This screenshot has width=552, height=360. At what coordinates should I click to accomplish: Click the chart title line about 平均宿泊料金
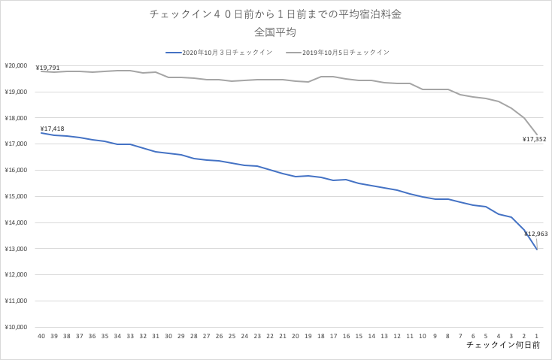(275, 14)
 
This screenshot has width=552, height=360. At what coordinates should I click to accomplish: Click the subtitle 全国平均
(275, 32)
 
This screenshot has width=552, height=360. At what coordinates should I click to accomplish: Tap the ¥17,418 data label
(53, 129)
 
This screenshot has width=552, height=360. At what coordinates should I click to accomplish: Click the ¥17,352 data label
(535, 139)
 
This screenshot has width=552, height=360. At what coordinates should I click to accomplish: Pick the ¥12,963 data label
(536, 234)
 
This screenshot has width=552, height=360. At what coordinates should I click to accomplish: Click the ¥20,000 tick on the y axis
(17, 66)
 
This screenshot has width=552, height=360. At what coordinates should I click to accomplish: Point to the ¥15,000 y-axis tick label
(17, 197)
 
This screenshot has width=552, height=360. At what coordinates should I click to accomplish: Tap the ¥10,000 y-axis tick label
(17, 327)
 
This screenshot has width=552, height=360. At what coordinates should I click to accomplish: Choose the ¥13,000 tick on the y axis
(17, 249)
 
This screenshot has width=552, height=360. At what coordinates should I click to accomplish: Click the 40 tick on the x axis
(41, 336)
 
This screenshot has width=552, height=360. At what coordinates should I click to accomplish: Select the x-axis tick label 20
(296, 336)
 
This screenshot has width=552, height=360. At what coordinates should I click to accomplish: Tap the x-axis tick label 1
(536, 336)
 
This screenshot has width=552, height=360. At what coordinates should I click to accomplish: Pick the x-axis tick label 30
(168, 336)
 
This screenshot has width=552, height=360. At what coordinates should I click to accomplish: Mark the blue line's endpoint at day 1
(536, 249)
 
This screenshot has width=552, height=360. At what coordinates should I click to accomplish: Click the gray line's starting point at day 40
(41, 71)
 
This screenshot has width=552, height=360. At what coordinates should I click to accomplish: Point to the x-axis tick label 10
(422, 336)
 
